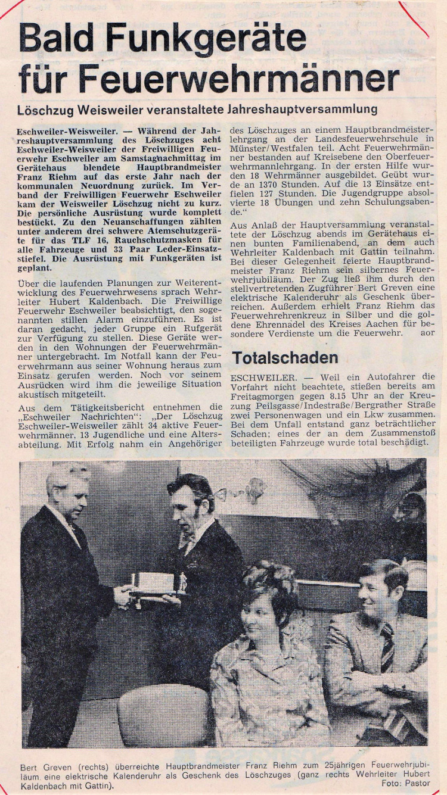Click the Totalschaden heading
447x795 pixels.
click(285, 357)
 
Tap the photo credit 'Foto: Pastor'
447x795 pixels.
click(405, 783)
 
